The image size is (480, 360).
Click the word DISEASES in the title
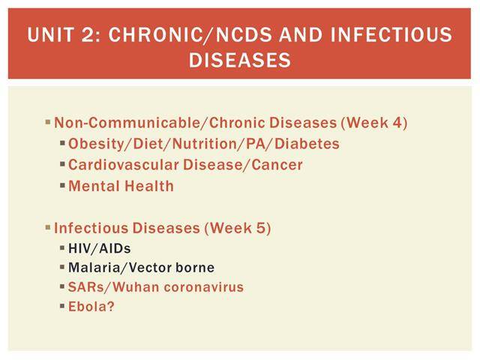click(240, 59)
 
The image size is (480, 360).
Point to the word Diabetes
click(307, 143)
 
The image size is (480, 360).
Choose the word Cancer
click(277, 165)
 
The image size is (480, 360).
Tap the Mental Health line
click(121, 186)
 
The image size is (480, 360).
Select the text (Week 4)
click(374, 123)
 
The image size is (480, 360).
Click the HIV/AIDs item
click(100, 248)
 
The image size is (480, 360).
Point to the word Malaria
click(93, 268)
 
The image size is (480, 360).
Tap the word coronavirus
click(203, 287)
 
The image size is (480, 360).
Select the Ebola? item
click(91, 307)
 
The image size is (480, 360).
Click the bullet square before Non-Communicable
click(48, 122)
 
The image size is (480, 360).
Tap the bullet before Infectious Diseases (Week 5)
click(48, 227)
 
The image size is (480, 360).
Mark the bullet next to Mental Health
click(63, 185)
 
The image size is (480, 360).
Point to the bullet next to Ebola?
click(63, 306)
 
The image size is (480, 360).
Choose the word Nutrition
click(207, 143)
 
